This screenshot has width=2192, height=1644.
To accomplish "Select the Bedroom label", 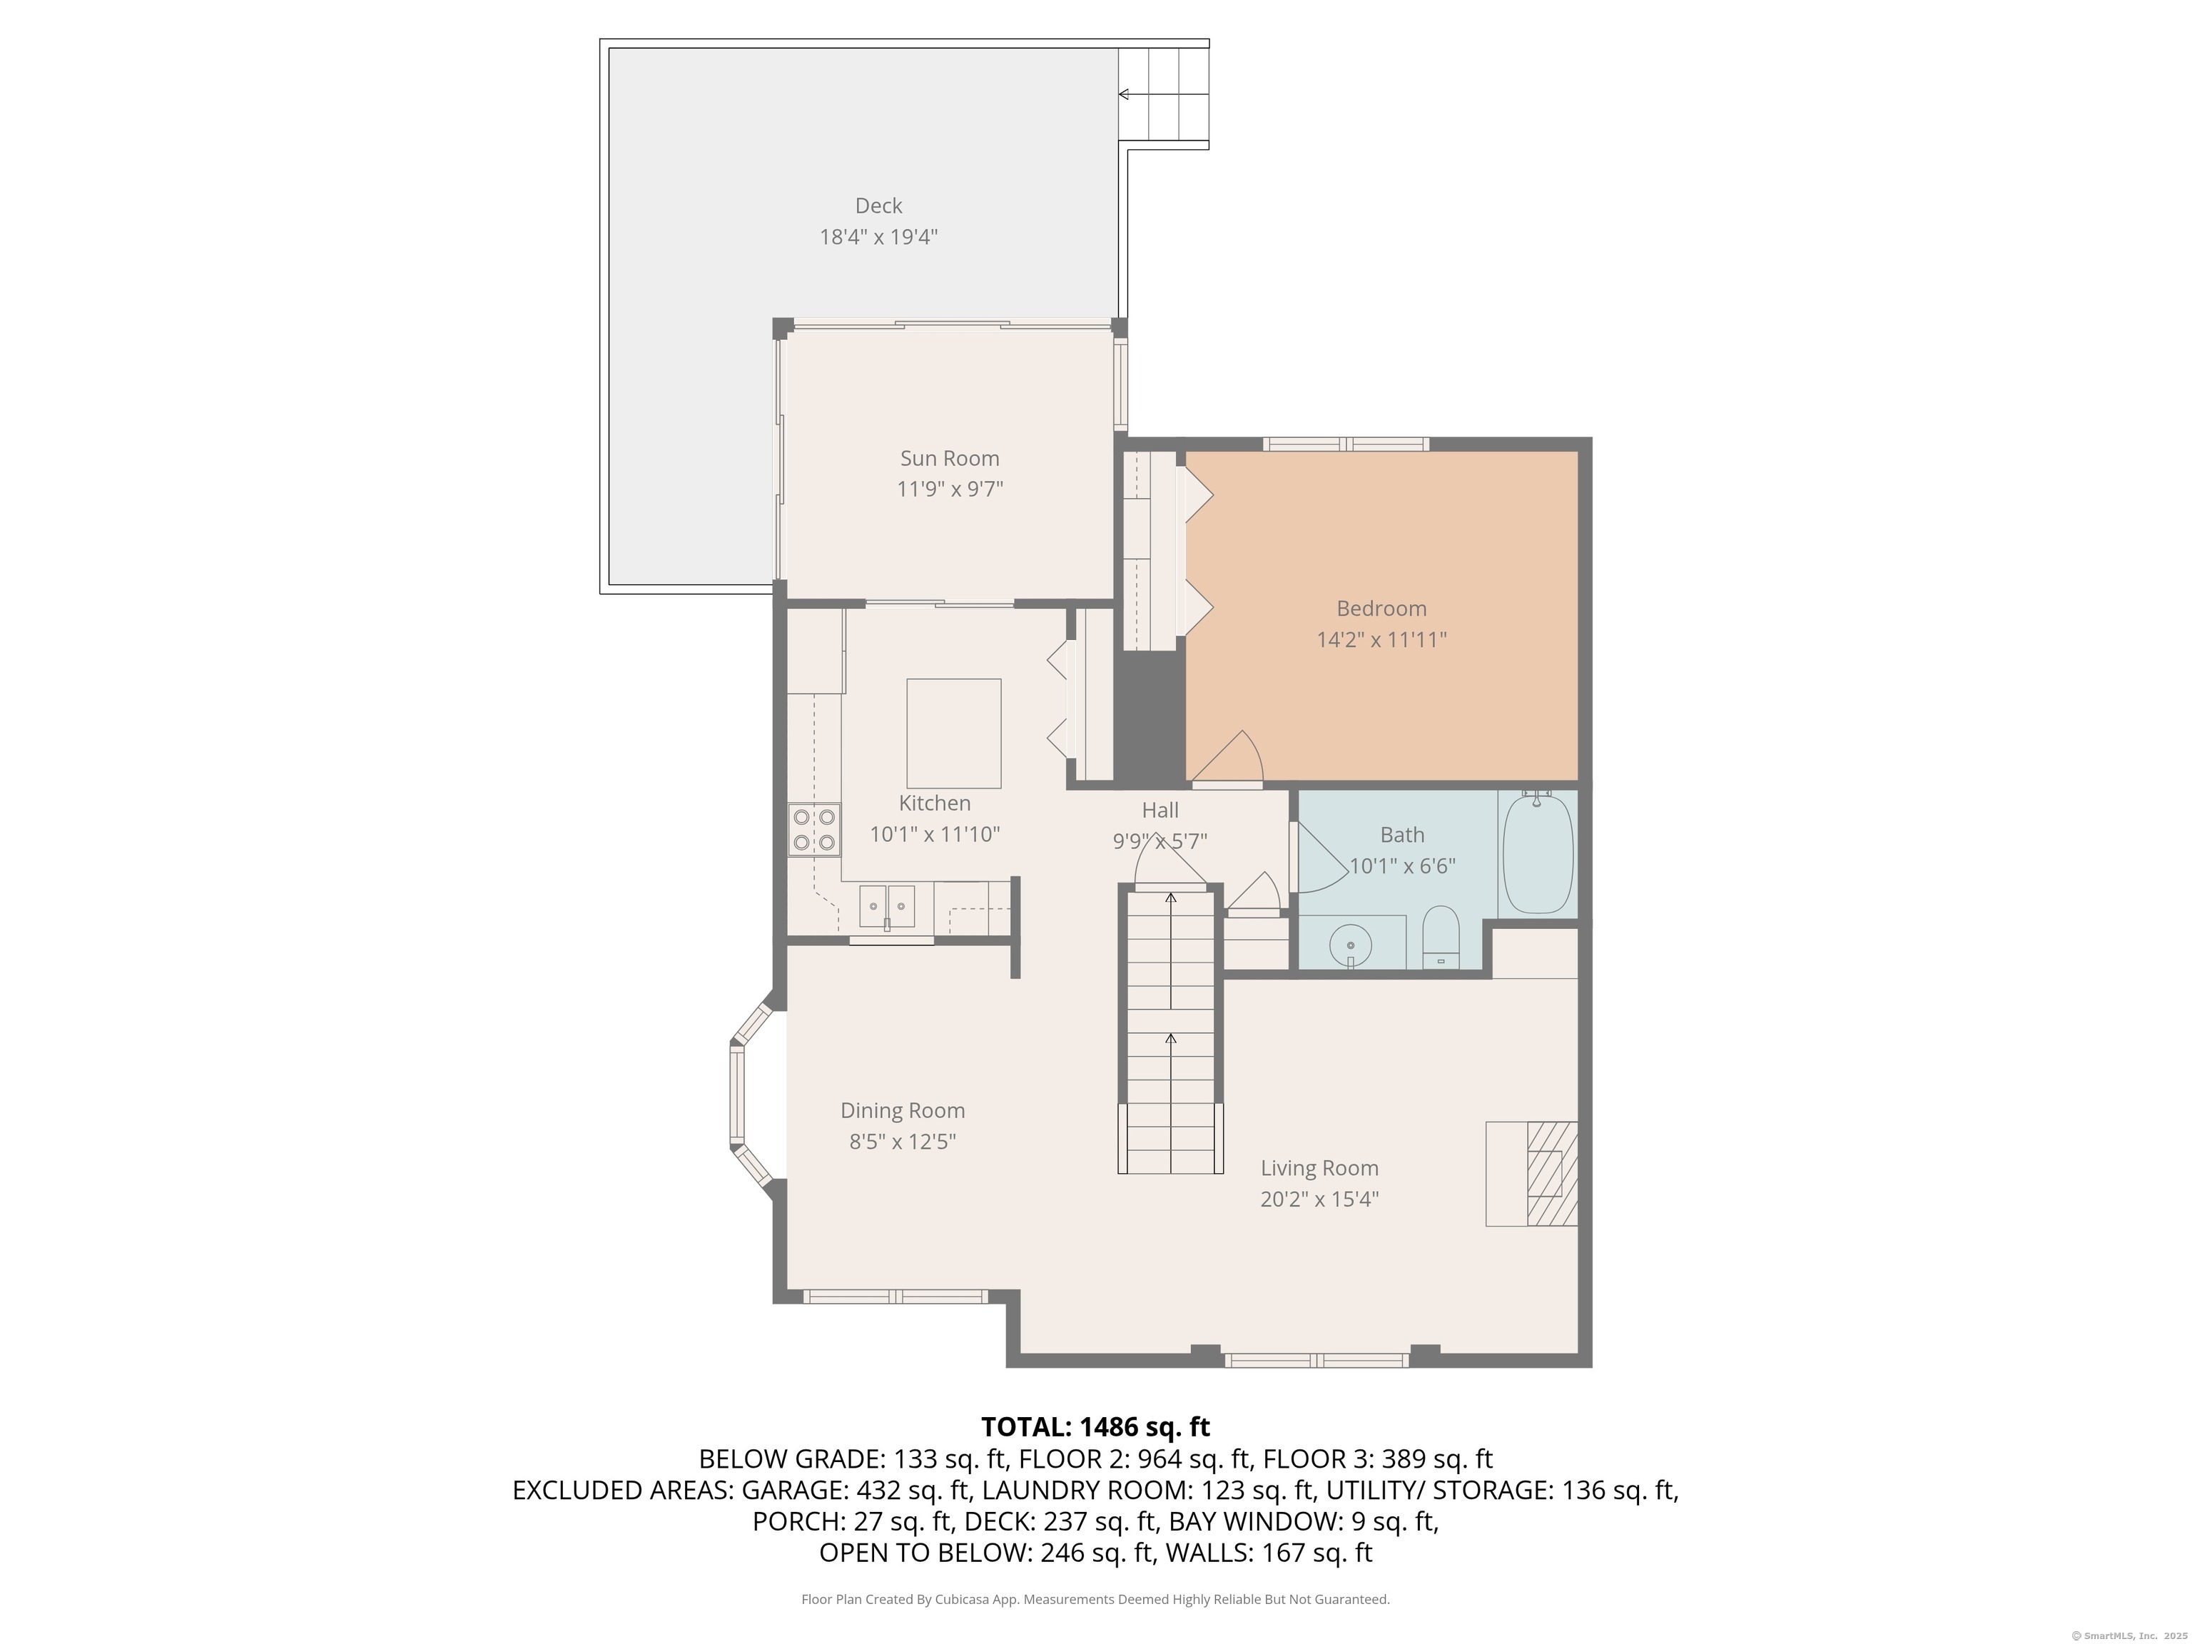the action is tap(1381, 609).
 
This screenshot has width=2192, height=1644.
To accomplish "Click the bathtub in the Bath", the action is tap(1537, 853).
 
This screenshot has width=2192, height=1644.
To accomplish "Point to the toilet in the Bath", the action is tap(1441, 938).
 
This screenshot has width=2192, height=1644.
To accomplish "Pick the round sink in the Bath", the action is tap(1350, 946).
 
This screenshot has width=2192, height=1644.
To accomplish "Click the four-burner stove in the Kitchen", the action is tap(813, 829).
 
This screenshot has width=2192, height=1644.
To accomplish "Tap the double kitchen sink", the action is tap(887, 905).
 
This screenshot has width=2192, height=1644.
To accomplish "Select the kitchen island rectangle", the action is tap(953, 734).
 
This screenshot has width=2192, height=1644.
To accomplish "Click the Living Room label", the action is tap(1319, 1168).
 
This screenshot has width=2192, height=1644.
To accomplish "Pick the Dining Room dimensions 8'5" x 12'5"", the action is tap(902, 1142).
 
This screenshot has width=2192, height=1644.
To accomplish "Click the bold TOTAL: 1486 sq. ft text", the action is tap(1095, 1427).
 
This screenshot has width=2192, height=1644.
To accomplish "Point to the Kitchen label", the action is tap(935, 803).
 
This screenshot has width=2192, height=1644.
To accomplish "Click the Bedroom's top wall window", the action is tap(1346, 444).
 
